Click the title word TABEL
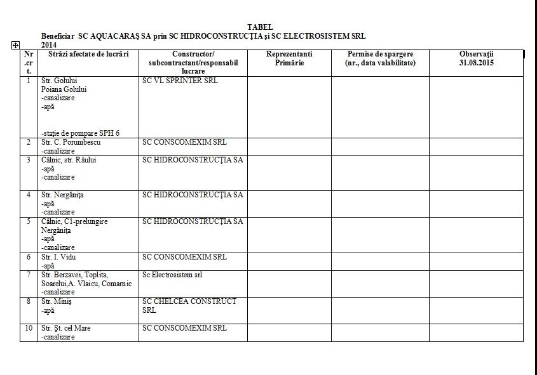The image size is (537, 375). pyautogui.click(x=260, y=27)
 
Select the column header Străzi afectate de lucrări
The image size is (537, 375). pyautogui.click(x=88, y=55)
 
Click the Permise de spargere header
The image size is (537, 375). pyautogui.click(x=379, y=58)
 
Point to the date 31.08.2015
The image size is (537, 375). pyautogui.click(x=476, y=63)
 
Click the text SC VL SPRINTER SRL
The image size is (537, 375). pyautogui.click(x=180, y=81)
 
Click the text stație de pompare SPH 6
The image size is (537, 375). pyautogui.click(x=81, y=133)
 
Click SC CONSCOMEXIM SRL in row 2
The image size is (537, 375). pyautogui.click(x=184, y=142)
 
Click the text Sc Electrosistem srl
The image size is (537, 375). pyautogui.click(x=172, y=275)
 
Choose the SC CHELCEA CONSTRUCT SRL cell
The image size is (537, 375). pyautogui.click(x=189, y=305)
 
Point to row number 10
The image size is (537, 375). pyautogui.click(x=29, y=328)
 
